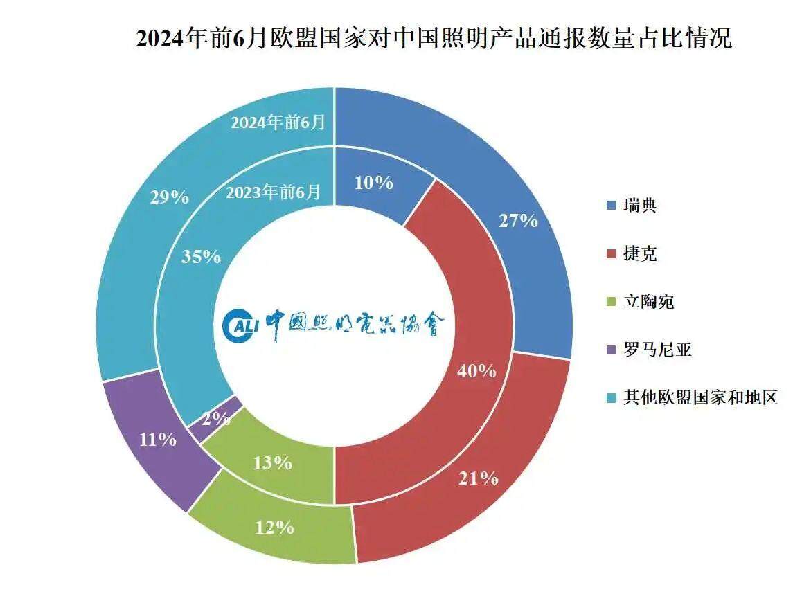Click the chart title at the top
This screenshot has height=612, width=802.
(434, 38)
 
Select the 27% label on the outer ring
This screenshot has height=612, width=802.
(518, 221)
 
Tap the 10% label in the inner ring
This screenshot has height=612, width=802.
(374, 183)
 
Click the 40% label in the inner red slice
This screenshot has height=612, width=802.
(476, 371)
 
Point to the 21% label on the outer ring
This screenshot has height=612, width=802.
(478, 478)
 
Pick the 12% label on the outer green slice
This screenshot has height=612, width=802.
(274, 528)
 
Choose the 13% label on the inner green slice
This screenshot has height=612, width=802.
(272, 463)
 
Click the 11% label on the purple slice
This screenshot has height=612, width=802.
(157, 439)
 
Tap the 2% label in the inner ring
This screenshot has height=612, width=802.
(216, 417)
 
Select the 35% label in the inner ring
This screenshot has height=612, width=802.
(201, 257)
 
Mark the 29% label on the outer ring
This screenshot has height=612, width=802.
(169, 197)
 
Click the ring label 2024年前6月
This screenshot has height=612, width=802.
(278, 123)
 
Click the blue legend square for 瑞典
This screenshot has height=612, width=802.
(611, 206)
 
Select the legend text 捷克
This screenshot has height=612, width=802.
(640, 254)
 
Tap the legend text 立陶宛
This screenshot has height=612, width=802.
(648, 303)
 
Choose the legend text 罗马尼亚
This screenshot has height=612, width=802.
(657, 350)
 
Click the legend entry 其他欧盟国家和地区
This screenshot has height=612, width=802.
(700, 399)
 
